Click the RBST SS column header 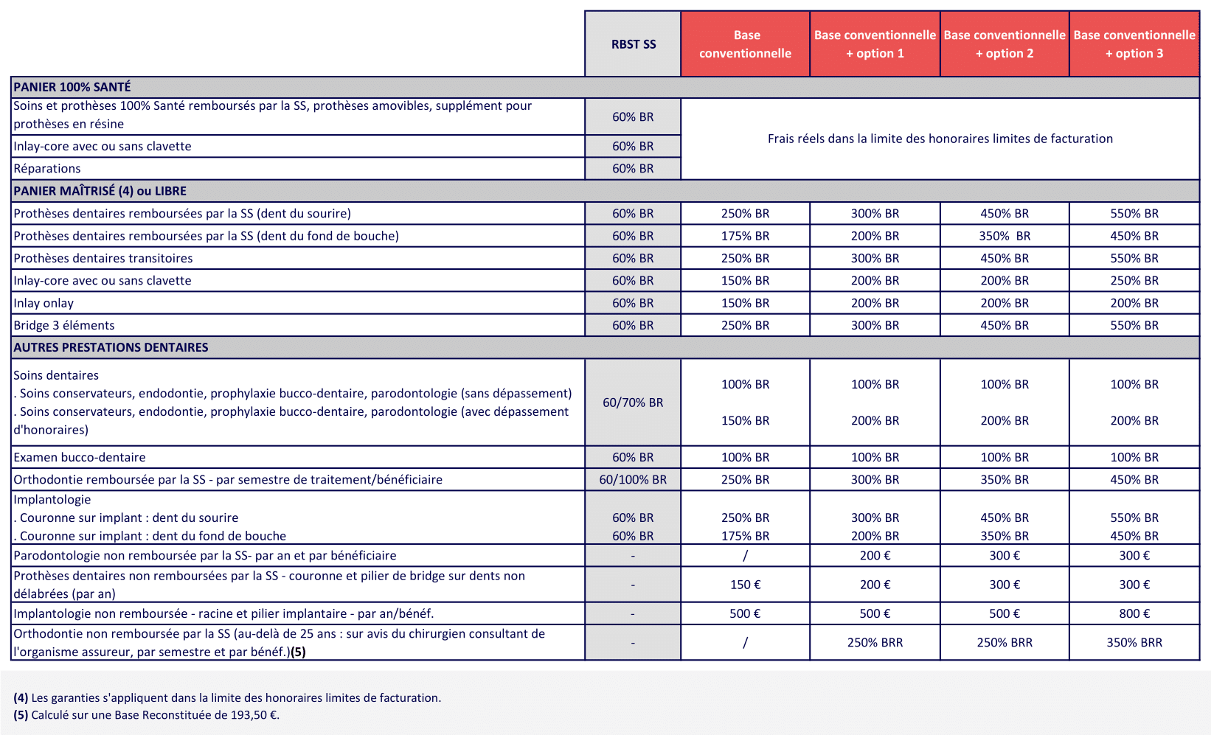coord(633,44)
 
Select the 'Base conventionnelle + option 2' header coord(1005,44)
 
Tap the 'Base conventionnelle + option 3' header coord(1134,44)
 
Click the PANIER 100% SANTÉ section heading coord(72,87)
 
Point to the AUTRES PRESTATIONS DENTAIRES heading coord(111,347)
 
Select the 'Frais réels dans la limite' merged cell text coord(940,139)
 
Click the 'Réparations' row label coord(47,168)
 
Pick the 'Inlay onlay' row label coord(44,303)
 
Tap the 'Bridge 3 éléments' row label coord(64,325)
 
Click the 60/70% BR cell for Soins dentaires coord(633,403)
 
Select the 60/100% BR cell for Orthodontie coord(633,479)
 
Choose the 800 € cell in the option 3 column coord(1134,613)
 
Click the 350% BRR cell coord(1134,642)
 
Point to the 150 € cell coord(745,585)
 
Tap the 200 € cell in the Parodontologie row coord(875,555)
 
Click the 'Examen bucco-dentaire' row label coord(80,457)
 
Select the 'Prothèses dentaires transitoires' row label coord(103,258)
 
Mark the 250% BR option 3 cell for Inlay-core coord(1134,280)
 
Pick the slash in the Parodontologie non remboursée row coord(745,555)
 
